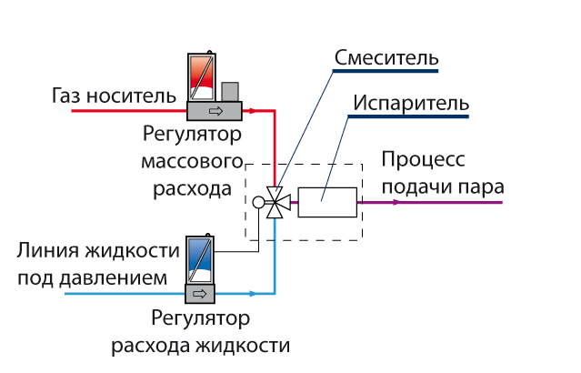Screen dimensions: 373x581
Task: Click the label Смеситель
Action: [386, 58]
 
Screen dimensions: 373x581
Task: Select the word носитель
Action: [127, 95]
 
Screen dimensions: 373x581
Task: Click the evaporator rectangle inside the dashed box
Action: [328, 202]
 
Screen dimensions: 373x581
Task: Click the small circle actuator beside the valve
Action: [259, 203]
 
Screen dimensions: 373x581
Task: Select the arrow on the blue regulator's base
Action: [198, 294]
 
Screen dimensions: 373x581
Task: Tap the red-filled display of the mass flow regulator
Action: [200, 77]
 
